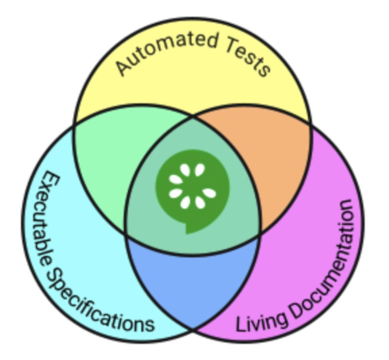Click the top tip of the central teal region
(193, 118)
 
